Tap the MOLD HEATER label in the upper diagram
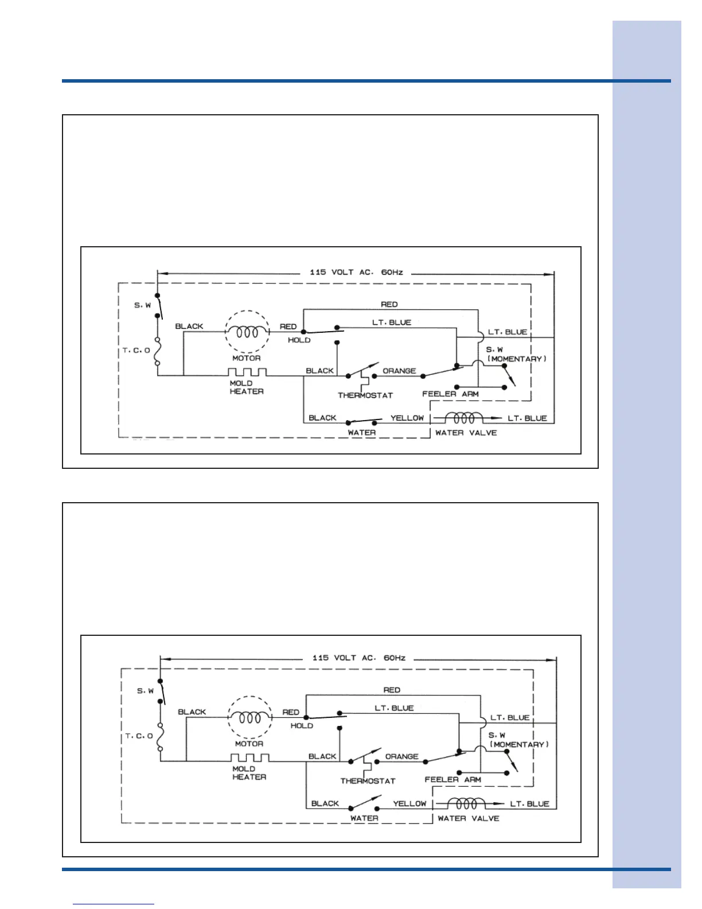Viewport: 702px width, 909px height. (247, 387)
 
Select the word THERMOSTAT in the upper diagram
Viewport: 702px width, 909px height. (365, 395)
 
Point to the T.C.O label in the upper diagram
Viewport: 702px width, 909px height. (136, 350)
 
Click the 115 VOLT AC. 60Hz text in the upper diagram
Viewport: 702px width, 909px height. (356, 272)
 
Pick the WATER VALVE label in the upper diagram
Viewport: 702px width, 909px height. (466, 433)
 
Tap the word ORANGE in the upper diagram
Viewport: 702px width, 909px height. (399, 371)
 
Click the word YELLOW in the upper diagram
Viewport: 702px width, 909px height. (407, 418)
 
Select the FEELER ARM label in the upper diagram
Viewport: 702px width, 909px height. (450, 394)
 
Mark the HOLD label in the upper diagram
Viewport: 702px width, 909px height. (299, 340)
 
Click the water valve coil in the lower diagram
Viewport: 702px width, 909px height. (466, 803)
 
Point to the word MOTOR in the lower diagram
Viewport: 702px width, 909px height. (249, 744)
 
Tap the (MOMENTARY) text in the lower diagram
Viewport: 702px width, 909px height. (519, 744)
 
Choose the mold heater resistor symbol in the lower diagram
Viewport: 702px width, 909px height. (249, 758)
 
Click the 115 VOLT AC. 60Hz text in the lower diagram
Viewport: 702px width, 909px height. (358, 658)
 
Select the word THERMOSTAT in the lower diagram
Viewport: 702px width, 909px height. (368, 781)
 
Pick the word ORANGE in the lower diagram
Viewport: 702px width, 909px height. (401, 756)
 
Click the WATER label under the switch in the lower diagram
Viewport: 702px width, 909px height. (364, 818)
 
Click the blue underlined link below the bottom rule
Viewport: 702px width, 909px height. (114, 904)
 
